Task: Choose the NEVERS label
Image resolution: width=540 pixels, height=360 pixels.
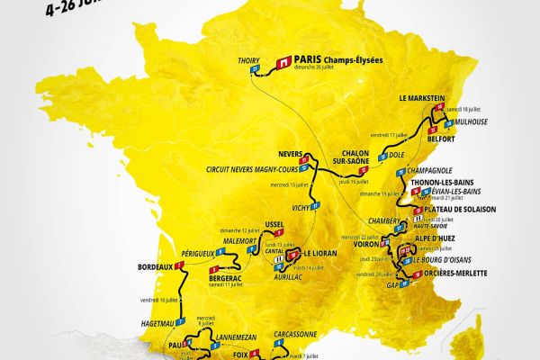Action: (292, 153)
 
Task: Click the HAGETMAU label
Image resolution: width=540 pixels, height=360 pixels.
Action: (143, 323)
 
